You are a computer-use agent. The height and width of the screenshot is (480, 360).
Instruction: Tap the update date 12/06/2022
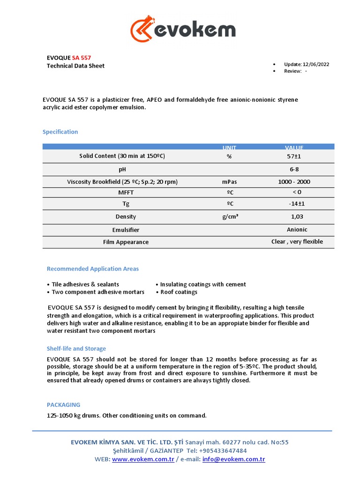click(x=316, y=64)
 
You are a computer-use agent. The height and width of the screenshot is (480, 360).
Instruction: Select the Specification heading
click(x=60, y=132)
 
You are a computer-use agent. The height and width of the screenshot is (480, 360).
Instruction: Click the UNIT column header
click(x=229, y=148)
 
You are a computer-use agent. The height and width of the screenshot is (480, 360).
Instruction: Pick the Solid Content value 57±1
click(x=297, y=156)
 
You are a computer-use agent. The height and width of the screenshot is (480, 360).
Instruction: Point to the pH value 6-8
click(x=297, y=169)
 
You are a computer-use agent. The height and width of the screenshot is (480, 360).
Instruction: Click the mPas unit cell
click(x=229, y=182)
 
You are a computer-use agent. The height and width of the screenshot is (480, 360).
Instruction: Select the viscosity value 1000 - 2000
click(x=297, y=182)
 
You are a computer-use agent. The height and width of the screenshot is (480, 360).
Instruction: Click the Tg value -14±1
click(x=297, y=204)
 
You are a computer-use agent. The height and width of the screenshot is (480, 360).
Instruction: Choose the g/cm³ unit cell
click(x=229, y=217)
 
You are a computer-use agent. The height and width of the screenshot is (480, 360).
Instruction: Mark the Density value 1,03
click(x=297, y=217)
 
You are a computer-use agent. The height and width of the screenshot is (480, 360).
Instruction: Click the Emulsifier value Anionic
click(x=297, y=229)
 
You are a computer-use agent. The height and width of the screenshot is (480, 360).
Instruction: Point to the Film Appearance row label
click(x=126, y=242)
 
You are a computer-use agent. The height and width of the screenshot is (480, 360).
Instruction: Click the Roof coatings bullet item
click(x=179, y=292)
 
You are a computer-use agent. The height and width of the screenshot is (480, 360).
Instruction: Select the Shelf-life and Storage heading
click(x=76, y=349)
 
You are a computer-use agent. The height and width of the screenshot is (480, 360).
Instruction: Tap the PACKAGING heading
click(x=63, y=405)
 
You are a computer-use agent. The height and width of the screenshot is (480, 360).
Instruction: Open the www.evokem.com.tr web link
click(x=143, y=459)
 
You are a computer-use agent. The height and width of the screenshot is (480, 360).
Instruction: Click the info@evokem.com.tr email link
click(x=233, y=459)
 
